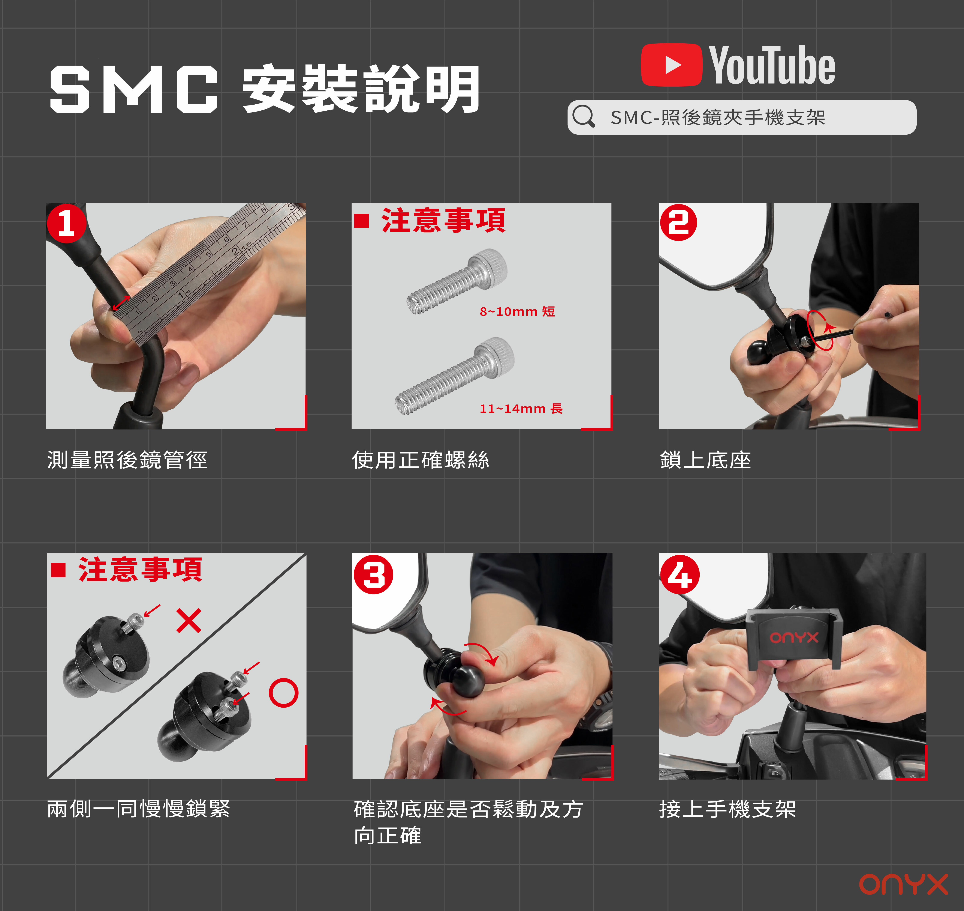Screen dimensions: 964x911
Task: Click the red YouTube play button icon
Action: click(671, 65)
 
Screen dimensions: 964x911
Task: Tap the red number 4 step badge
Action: click(680, 574)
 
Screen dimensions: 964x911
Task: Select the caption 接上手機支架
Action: click(728, 809)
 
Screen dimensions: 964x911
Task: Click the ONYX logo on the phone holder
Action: click(794, 637)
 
